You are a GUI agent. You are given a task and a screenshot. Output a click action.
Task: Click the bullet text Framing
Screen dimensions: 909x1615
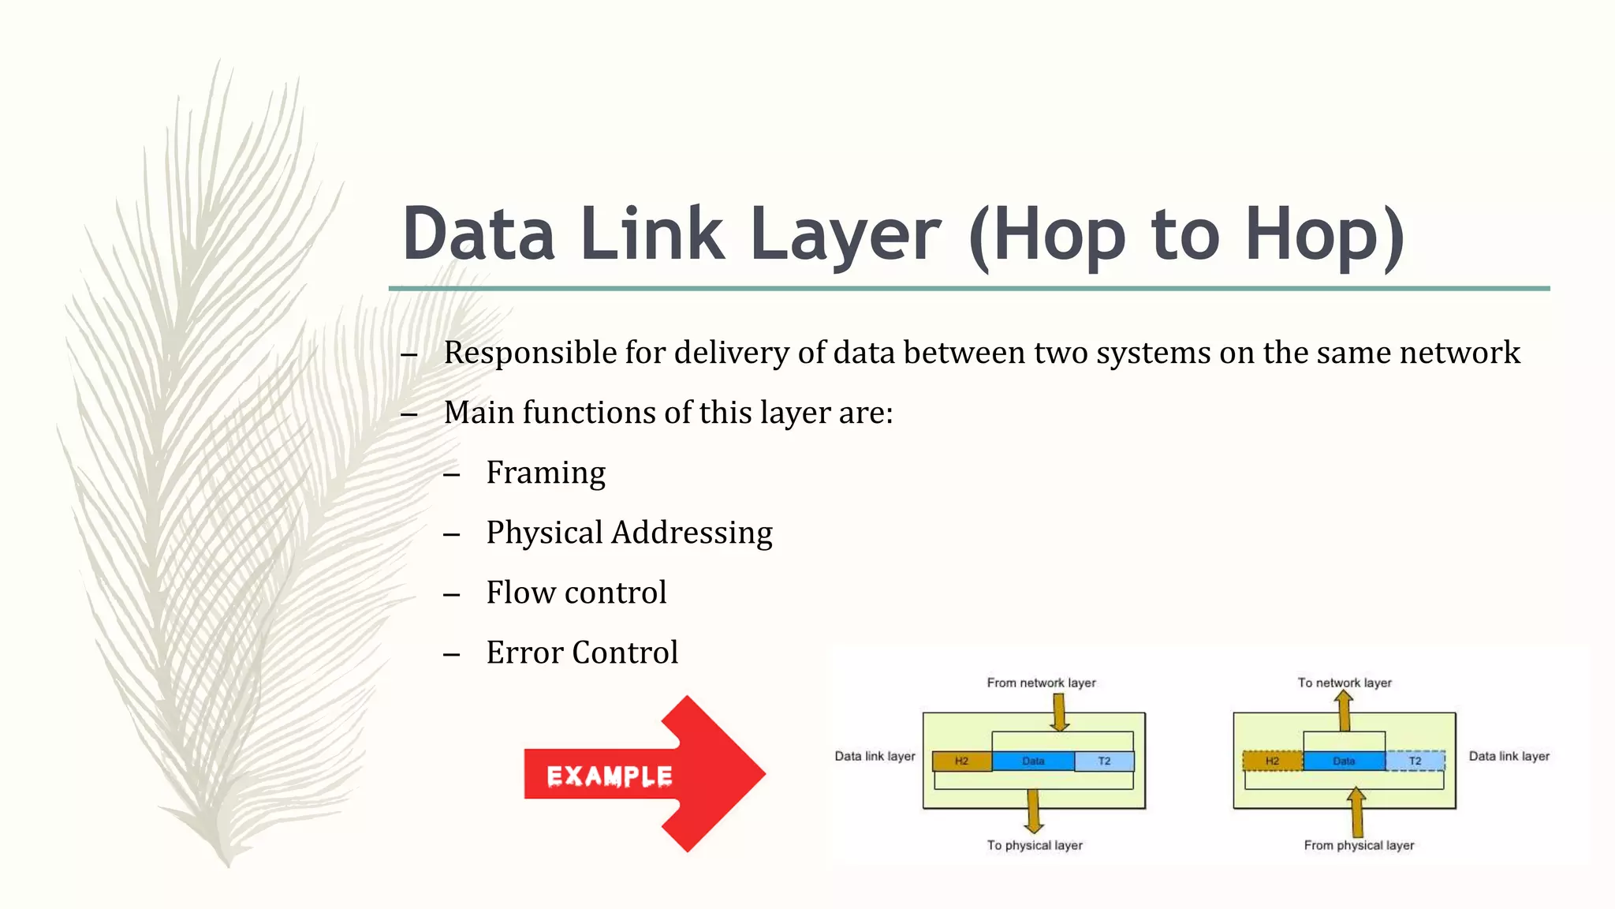[x=546, y=473]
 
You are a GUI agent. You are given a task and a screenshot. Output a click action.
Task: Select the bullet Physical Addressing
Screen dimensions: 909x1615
[x=629, y=533]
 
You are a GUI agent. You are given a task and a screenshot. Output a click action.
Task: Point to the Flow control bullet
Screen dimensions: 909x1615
[x=576, y=593]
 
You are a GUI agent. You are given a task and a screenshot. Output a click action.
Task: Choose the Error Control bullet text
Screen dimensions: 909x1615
[x=582, y=653]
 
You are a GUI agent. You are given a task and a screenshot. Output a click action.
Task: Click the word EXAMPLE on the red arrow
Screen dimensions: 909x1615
[x=610, y=776]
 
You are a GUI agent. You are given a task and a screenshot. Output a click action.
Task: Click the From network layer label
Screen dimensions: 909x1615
[x=1041, y=683]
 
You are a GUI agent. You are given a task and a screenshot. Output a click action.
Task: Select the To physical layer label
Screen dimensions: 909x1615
[x=1035, y=845]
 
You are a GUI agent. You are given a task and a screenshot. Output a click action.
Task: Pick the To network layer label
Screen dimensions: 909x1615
[x=1345, y=683]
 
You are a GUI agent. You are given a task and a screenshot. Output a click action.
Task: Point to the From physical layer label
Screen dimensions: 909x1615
[x=1359, y=845]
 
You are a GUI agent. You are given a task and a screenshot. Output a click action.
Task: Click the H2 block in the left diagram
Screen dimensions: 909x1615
[x=961, y=761]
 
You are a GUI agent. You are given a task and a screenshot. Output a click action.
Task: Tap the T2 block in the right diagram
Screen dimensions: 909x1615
[x=1415, y=761]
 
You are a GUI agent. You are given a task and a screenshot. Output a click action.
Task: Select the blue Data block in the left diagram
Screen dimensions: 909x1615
[x=1033, y=761]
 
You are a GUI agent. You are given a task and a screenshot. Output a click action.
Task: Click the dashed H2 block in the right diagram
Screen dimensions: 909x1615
[x=1272, y=761]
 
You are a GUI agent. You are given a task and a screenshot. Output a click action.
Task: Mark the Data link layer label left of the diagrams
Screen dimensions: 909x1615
[x=875, y=756]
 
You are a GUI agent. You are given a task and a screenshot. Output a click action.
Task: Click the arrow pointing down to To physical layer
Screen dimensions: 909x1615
[x=1034, y=811]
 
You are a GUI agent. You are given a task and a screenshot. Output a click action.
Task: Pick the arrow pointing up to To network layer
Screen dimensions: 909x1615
[x=1345, y=710]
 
